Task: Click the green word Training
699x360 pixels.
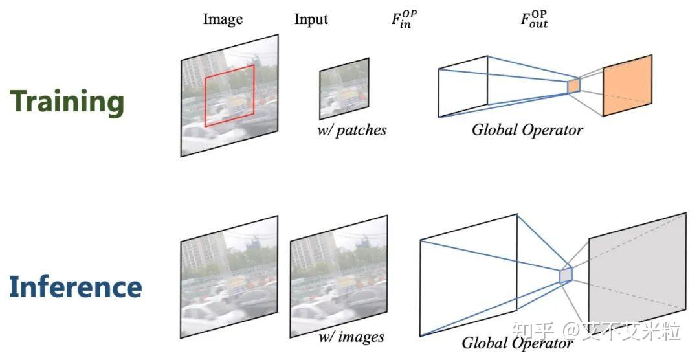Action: (67, 101)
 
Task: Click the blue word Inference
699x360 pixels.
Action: (75, 286)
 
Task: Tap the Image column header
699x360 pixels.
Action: (223, 19)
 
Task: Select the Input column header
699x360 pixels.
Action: (311, 19)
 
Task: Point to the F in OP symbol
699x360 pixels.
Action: (404, 19)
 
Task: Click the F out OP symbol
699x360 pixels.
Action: (534, 19)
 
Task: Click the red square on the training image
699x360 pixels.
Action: (230, 95)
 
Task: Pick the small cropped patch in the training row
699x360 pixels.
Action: (344, 89)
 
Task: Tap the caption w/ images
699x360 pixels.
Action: (351, 337)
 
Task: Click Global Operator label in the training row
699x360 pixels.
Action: (527, 129)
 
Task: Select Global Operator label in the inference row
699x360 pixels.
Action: (517, 343)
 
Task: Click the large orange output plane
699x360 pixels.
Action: (628, 85)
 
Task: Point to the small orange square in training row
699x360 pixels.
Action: (573, 85)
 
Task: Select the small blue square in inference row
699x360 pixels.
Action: (566, 275)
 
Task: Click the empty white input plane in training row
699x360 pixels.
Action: (463, 87)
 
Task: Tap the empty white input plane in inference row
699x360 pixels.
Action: (469, 275)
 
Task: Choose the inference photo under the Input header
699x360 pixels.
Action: (338, 276)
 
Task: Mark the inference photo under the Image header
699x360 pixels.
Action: (229, 276)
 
